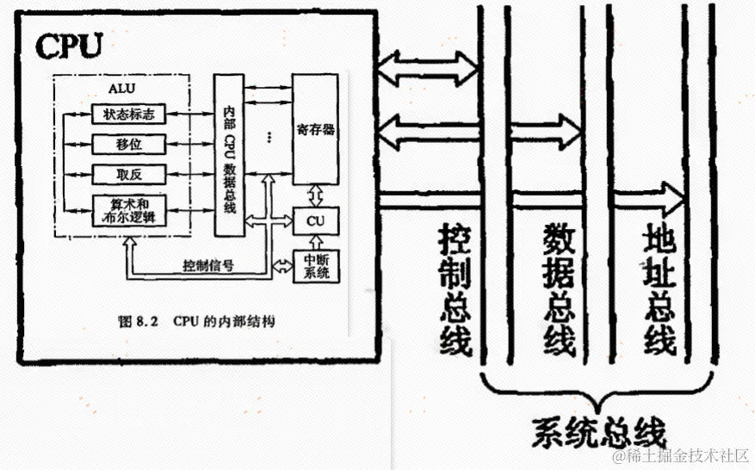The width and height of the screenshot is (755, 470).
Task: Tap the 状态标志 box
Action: click(128, 114)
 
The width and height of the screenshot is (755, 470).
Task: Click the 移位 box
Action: click(128, 143)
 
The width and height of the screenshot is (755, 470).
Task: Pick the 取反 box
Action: click(128, 174)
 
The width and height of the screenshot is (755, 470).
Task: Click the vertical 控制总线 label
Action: click(455, 288)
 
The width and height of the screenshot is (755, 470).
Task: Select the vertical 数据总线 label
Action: click(560, 288)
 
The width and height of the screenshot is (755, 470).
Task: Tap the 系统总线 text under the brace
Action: click(598, 427)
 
